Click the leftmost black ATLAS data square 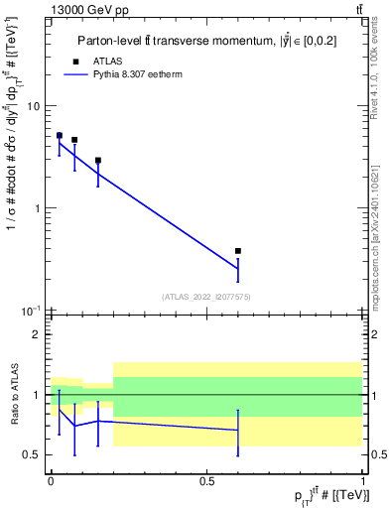[x=59, y=135]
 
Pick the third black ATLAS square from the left [x=97, y=160]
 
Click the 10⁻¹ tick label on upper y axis [x=32, y=311]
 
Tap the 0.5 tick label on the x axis [x=206, y=480]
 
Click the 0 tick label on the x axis [x=51, y=480]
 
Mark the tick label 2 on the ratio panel [x=38, y=335]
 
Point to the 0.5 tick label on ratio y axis [x=33, y=454]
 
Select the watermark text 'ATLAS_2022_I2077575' [x=206, y=297]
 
